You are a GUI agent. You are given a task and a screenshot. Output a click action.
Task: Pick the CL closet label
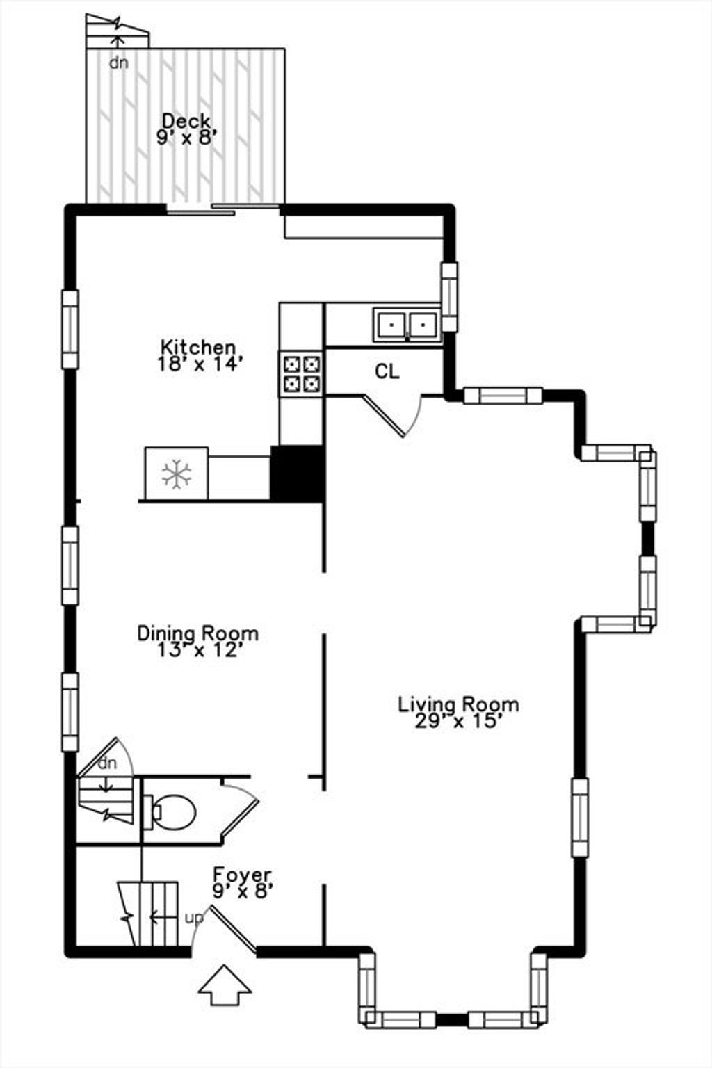click(x=387, y=371)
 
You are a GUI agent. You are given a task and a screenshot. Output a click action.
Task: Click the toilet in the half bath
click(x=170, y=811)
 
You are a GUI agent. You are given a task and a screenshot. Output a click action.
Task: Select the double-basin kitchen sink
click(x=407, y=325)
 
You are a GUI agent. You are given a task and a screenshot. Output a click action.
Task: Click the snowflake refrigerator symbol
click(x=177, y=474)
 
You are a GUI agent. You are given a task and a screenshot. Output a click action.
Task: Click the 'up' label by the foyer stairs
click(x=193, y=918)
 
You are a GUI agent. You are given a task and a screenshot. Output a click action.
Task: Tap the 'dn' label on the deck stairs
click(x=119, y=63)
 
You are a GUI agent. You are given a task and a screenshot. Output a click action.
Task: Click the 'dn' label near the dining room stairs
click(x=107, y=763)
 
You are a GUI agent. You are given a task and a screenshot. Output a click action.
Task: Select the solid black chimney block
click(x=297, y=474)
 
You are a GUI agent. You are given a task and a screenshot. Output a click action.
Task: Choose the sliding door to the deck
click(x=222, y=209)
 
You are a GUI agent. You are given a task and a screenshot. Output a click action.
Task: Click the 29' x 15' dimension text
click(x=458, y=721)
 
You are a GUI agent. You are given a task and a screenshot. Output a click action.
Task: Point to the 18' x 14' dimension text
click(x=198, y=364)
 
